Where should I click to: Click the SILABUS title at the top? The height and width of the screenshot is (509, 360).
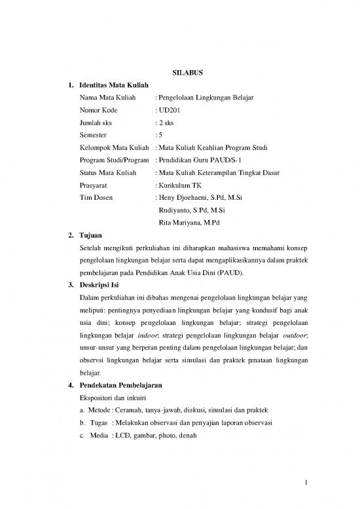point(179,73)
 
